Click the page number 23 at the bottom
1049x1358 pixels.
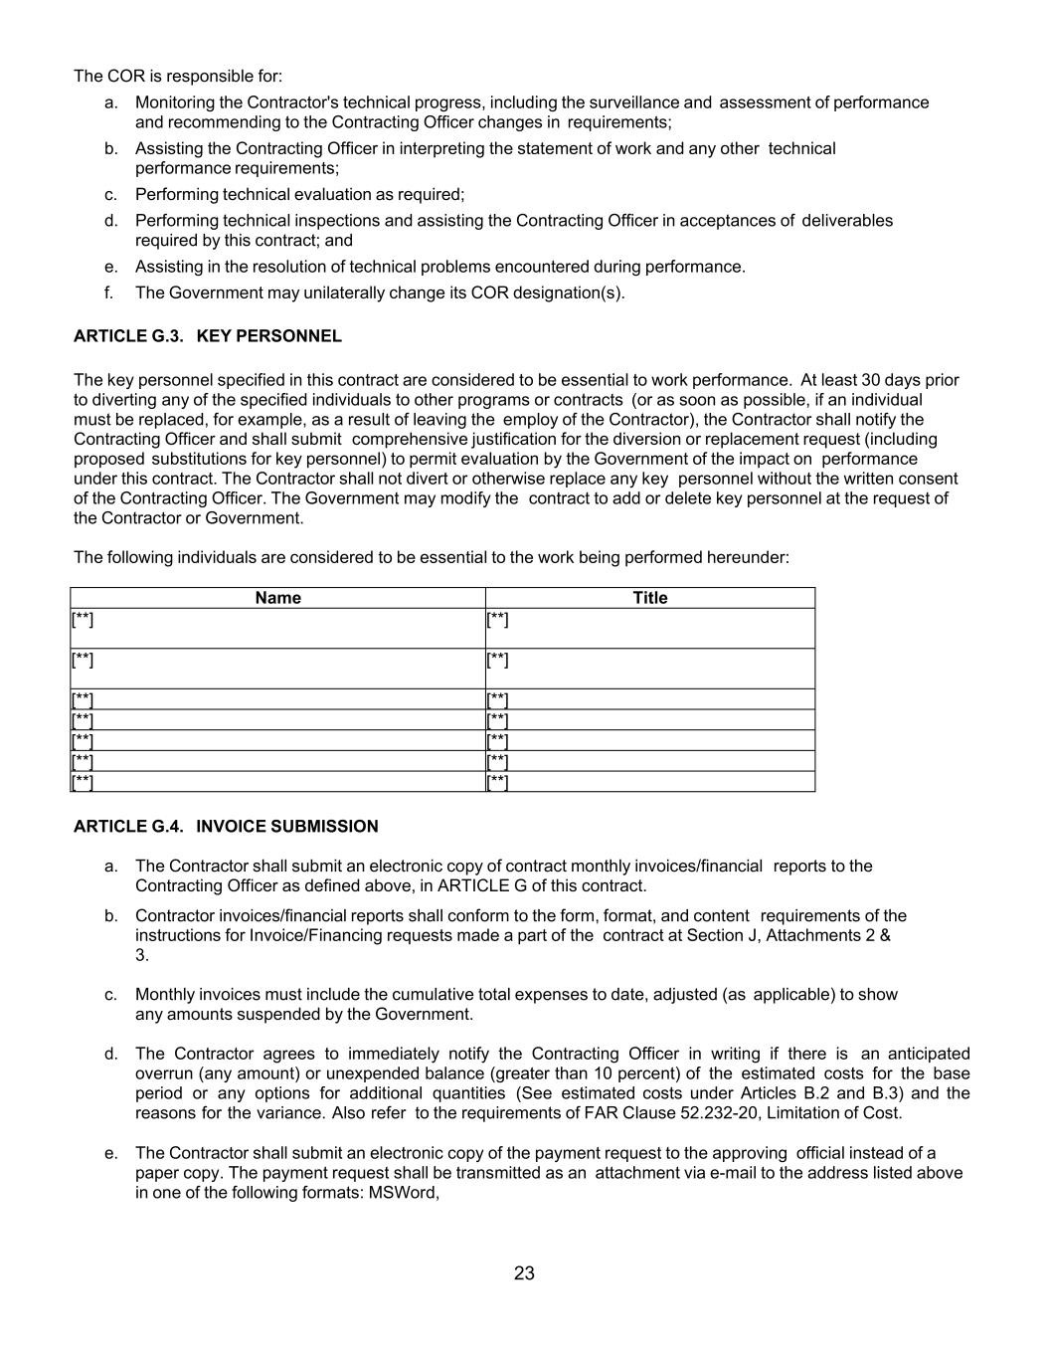(524, 1273)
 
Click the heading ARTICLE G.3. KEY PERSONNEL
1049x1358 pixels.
(207, 336)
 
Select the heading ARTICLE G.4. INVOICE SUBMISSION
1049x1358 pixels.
(226, 827)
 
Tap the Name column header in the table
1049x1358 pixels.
(277, 598)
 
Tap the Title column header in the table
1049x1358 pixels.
(650, 598)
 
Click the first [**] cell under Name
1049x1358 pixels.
(83, 620)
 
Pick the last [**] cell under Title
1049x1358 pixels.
(497, 782)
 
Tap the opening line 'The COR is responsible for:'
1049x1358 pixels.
(178, 77)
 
